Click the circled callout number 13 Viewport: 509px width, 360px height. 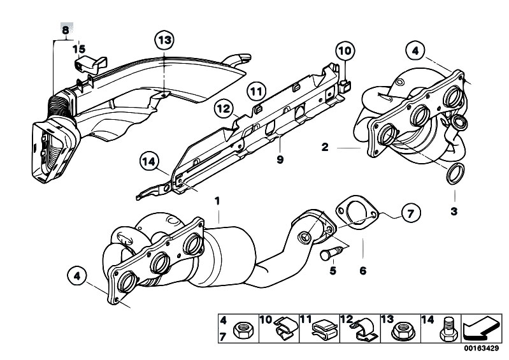(164, 40)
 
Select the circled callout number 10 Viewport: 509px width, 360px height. (345, 51)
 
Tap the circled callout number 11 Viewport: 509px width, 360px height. (257, 91)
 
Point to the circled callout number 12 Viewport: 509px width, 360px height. (224, 108)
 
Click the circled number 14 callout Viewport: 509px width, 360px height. (149, 161)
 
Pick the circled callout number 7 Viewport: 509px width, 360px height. (411, 213)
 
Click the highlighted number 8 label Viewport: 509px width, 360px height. (66, 30)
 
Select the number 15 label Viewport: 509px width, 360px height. (79, 49)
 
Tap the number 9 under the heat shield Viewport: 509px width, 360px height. (280, 159)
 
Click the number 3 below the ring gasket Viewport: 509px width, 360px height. (454, 212)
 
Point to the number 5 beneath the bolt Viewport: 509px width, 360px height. (333, 270)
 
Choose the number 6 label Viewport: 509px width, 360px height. (363, 270)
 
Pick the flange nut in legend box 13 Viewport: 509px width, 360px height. (401, 330)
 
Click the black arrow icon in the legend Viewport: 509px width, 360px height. (482, 329)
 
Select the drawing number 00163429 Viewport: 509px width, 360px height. (481, 349)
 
